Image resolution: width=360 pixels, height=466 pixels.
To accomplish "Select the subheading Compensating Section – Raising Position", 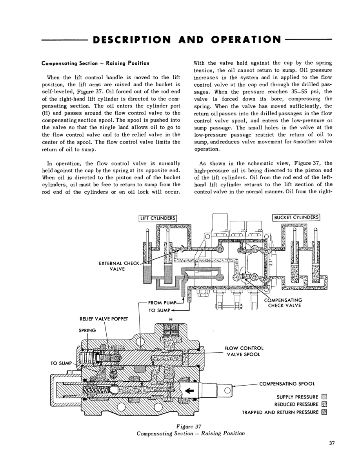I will (95, 63).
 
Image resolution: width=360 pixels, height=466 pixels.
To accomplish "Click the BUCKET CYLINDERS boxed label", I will (296, 217).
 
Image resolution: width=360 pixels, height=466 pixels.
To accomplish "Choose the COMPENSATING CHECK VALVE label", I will (284, 303).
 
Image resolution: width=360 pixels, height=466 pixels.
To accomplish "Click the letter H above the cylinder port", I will (171, 319).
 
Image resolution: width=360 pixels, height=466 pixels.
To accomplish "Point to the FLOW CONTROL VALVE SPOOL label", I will (244, 351).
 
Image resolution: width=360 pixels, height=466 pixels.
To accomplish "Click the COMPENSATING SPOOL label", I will (287, 384).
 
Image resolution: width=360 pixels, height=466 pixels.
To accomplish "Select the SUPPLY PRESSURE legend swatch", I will (324, 397).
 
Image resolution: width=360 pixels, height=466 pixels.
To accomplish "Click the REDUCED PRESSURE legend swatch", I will (324, 404).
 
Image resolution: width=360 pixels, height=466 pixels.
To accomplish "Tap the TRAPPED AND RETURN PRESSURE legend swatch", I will (324, 412).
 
